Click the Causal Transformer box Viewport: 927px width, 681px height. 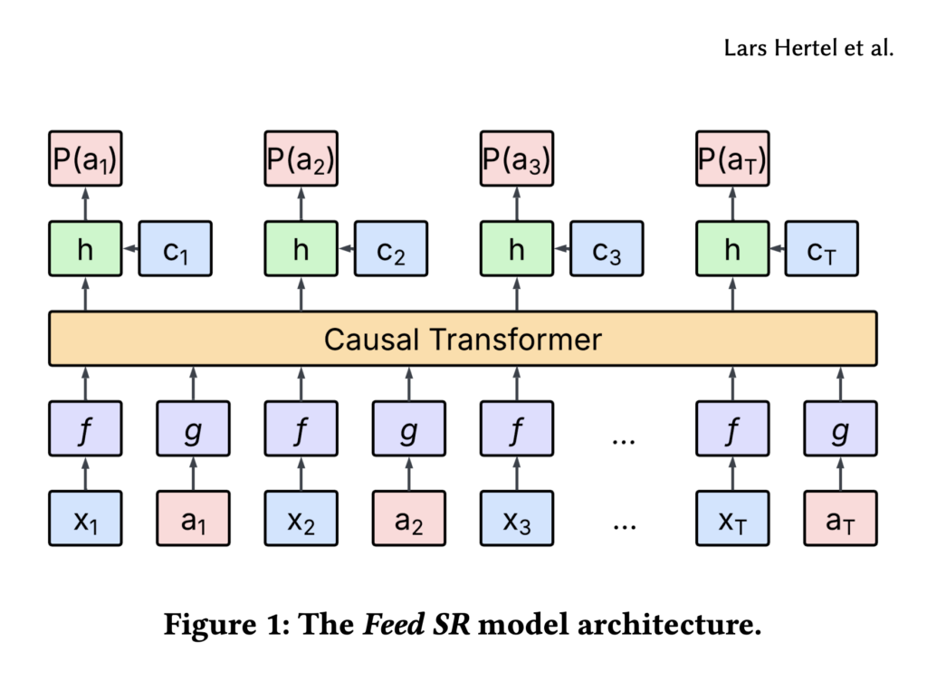[x=463, y=339]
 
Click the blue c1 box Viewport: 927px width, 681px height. [x=174, y=249]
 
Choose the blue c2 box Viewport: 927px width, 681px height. [x=390, y=249]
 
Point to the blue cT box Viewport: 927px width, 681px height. [x=821, y=249]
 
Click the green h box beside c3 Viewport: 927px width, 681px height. [x=516, y=249]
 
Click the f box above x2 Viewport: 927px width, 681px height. [x=301, y=429]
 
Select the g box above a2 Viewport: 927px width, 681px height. [x=409, y=429]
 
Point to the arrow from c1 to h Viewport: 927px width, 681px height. [x=129, y=249]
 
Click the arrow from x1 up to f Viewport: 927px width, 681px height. [x=85, y=474]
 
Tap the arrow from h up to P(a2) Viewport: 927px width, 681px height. [x=301, y=204]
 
